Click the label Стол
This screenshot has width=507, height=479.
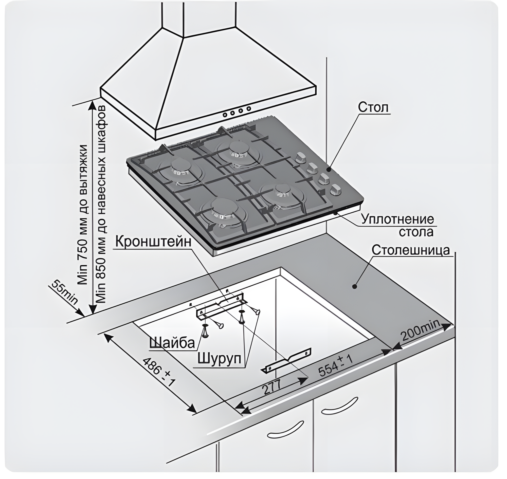point(373,107)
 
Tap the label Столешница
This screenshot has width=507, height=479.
point(410,250)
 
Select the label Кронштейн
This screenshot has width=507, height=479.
point(153,241)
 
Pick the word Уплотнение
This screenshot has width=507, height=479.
point(398,219)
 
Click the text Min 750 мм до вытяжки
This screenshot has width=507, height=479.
point(84,214)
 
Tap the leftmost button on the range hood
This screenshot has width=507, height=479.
point(225,114)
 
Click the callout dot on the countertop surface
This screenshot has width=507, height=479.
point(354,286)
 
